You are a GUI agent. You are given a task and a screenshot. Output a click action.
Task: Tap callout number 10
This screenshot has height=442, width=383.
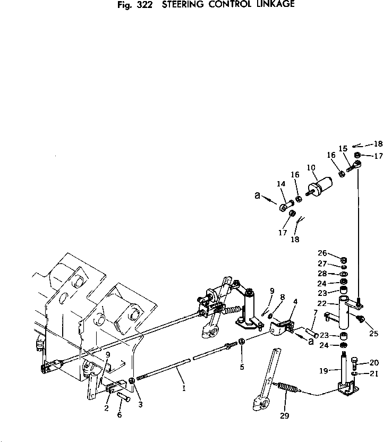tap(311, 168)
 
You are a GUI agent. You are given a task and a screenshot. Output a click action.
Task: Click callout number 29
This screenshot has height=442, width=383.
tap(285, 415)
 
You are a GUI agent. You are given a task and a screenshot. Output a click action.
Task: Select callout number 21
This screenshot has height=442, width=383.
tap(374, 373)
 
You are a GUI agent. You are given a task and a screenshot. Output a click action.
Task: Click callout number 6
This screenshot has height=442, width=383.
tap(120, 415)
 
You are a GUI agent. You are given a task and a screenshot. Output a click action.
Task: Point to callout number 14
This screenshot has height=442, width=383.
tap(281, 184)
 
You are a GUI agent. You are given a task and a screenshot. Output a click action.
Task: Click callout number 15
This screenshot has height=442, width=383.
tap(343, 149)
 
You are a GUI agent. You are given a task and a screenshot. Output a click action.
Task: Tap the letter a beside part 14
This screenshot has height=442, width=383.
tap(258, 196)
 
